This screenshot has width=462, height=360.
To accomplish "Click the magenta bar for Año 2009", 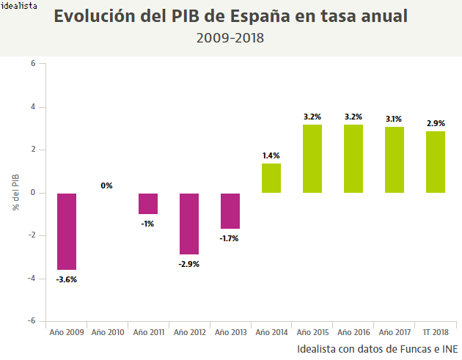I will pos(67,231).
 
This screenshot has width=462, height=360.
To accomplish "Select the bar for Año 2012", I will pos(189,224).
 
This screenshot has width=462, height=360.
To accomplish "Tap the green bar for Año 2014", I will pos(271,178).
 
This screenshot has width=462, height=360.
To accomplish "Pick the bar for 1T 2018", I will pos(436,162).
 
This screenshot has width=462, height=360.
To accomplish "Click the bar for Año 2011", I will pos(148,204).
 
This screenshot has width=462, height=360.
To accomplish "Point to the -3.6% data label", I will pos(66,279).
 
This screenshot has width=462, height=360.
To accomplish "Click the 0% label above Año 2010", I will pos(107,185).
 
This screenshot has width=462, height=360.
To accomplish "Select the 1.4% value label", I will pos(271,155).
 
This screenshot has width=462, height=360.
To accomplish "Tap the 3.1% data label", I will pos(394,119).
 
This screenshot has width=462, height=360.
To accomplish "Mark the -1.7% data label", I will pos(230,238).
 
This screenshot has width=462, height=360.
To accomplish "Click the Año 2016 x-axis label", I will pos(353,332).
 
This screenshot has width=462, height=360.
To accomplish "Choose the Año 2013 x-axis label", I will pos(230,332).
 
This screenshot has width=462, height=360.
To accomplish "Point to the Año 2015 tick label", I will pos(312,332).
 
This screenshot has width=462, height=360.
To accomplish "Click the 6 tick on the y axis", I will pos(33,64).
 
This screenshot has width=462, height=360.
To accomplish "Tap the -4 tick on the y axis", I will pos(31,279).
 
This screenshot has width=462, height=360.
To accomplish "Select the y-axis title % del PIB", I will pos(15,192).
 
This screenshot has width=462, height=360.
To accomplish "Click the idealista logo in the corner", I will pos(20,5).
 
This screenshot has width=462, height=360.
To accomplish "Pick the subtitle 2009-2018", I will pos(230,37).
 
